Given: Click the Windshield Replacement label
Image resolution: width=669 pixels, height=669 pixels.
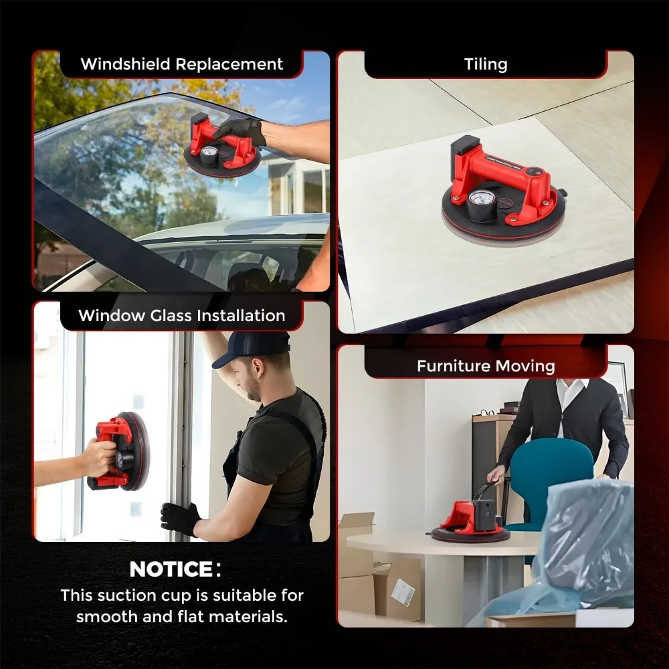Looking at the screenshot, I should [182, 64].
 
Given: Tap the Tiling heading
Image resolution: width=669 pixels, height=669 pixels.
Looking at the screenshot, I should [486, 64].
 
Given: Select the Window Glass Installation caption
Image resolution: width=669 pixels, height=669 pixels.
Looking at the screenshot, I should [182, 316].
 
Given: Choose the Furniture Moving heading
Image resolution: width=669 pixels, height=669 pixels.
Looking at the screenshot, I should [486, 366].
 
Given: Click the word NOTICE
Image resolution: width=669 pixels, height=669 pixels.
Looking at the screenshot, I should [171, 569].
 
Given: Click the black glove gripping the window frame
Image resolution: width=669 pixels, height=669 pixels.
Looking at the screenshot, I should [179, 517].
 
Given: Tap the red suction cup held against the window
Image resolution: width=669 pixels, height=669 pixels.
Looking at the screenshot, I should [120, 452].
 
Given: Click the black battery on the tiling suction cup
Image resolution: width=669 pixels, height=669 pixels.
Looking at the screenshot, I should [466, 151].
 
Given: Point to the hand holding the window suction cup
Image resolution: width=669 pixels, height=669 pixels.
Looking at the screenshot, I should [99, 458].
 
